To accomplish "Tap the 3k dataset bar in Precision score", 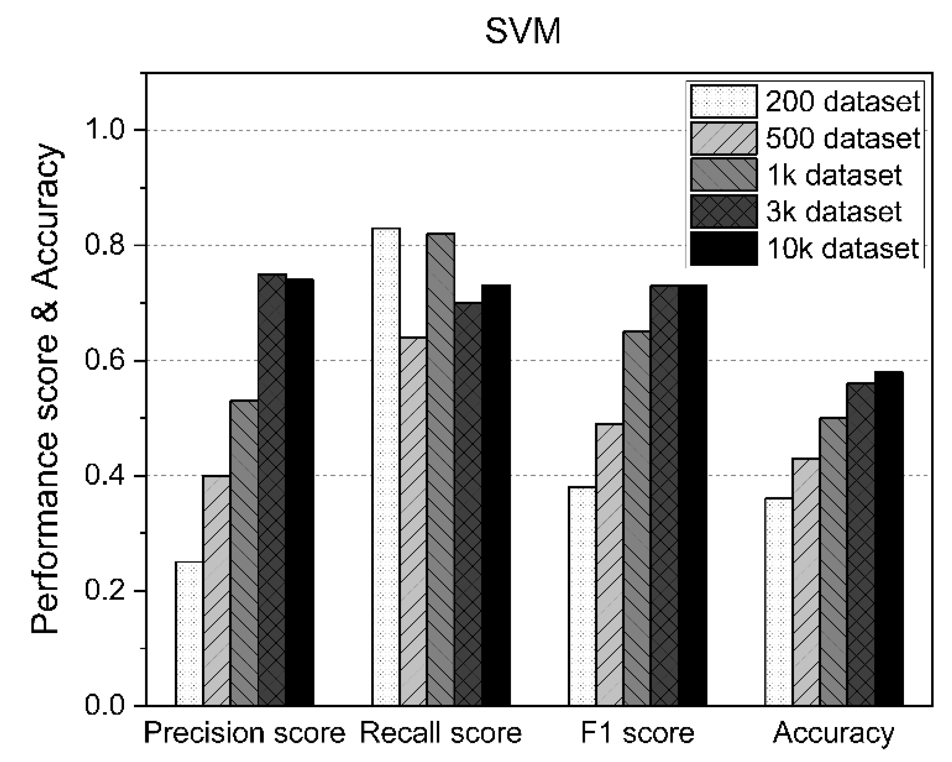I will coord(272,489).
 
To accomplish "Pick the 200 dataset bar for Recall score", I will coord(386,467).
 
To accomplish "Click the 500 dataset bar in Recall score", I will coord(413,521).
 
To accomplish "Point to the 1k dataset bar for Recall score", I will coord(440,469).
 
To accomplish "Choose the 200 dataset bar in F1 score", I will coord(582,596).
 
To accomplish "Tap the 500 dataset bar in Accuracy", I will coord(805,582).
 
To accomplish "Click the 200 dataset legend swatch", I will coord(723,101).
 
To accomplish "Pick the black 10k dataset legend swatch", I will coord(723,249).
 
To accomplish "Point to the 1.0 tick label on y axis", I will coord(105,130).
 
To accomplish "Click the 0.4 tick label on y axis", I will coord(105,476).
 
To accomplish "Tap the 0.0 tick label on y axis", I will coord(105,706).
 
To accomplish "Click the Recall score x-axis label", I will coord(440,733).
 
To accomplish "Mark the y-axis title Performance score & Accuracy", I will coord(45,390).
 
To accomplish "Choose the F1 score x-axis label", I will coord(637,733).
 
